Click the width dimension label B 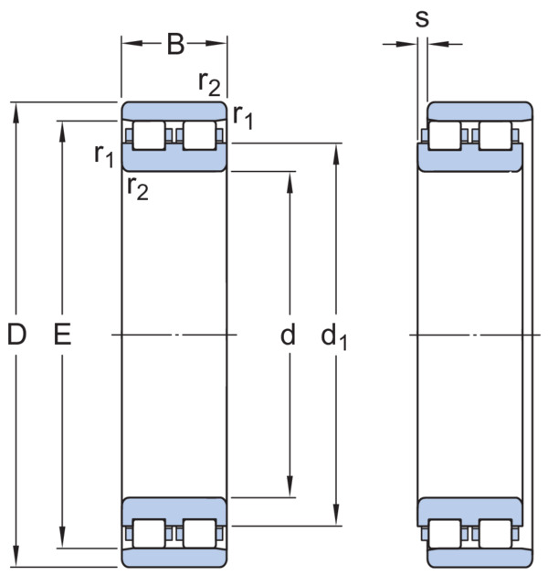click(175, 44)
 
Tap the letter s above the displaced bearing click(422, 18)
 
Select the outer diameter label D click(16, 335)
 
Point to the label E click(63, 335)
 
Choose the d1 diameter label click(333, 336)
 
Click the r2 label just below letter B click(209, 83)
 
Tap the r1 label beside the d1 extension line click(243, 117)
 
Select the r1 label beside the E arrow click(104, 155)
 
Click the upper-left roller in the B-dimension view click(149, 135)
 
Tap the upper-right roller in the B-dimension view click(200, 135)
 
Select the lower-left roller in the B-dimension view click(149, 534)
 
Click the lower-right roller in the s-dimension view click(495, 534)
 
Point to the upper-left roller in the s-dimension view click(445, 135)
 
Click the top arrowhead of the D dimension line click(16, 113)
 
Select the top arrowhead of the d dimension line click(290, 182)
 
